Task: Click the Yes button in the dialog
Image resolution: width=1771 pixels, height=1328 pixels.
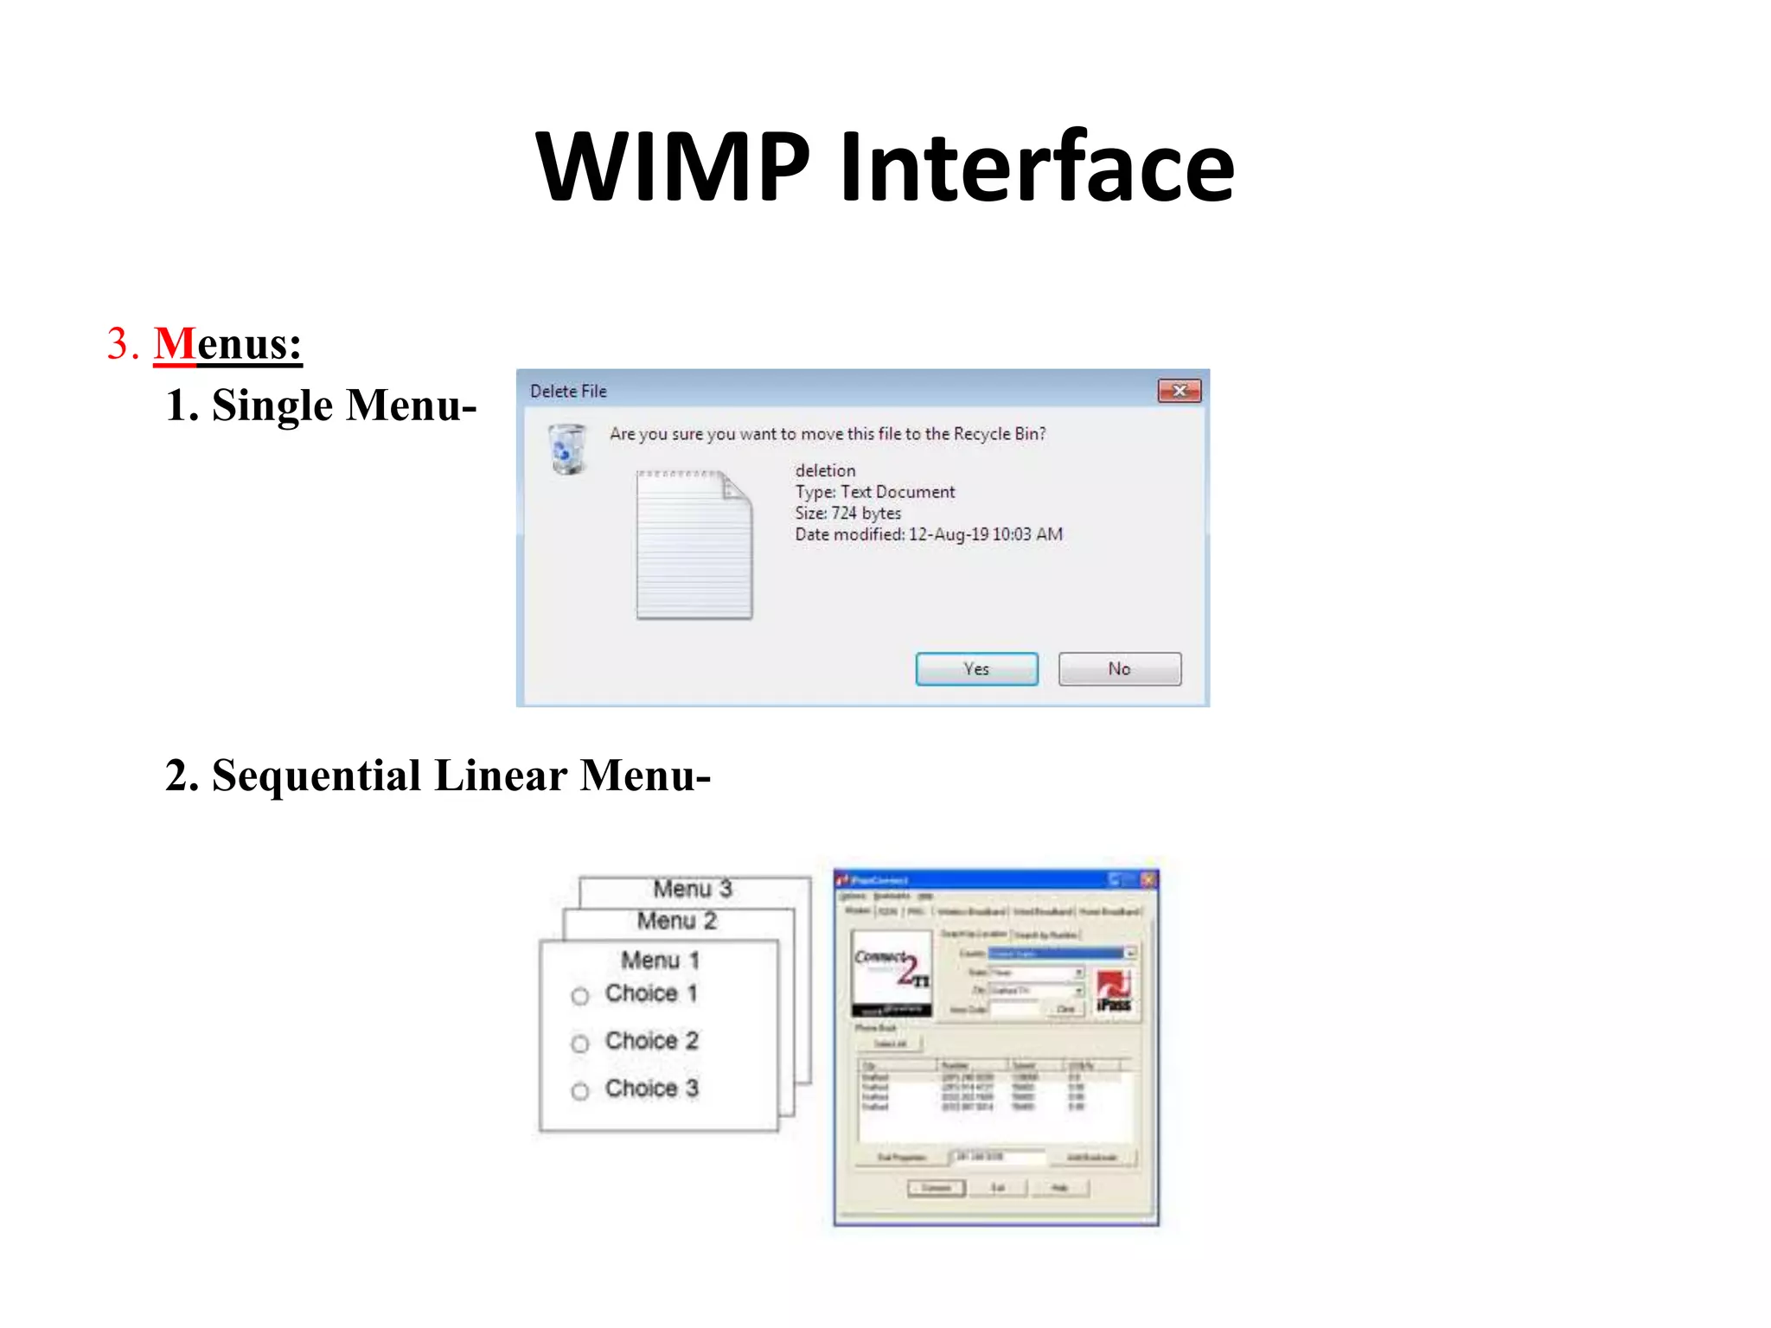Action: tap(976, 668)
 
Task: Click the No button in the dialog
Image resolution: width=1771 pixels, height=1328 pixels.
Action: tap(1119, 668)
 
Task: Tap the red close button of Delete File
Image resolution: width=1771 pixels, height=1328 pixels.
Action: tap(1179, 391)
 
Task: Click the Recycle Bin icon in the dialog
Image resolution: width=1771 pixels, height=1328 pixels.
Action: tap(567, 448)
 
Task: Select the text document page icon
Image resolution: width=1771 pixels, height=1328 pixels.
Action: tap(694, 545)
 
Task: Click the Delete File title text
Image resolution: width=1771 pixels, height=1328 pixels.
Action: tap(568, 391)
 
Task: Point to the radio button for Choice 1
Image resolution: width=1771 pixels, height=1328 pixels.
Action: tap(580, 996)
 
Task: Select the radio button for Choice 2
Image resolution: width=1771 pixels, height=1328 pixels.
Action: tap(580, 1044)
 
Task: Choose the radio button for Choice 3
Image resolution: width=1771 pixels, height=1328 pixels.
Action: tap(580, 1091)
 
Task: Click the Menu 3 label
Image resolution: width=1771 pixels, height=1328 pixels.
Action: tap(693, 889)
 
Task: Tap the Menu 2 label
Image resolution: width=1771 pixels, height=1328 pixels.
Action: tap(677, 921)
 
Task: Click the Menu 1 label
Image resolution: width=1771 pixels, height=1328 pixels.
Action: tap(661, 960)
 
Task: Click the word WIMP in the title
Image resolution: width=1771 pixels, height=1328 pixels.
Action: tap(673, 166)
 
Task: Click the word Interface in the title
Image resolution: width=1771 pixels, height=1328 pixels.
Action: tap(1037, 166)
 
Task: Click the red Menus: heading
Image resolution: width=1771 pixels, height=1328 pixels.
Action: tap(228, 343)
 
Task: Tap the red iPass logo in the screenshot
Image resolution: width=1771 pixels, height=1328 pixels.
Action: tap(1114, 991)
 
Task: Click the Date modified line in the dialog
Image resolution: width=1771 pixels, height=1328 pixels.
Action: tap(929, 534)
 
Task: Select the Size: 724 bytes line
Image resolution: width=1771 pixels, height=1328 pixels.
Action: tap(847, 513)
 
